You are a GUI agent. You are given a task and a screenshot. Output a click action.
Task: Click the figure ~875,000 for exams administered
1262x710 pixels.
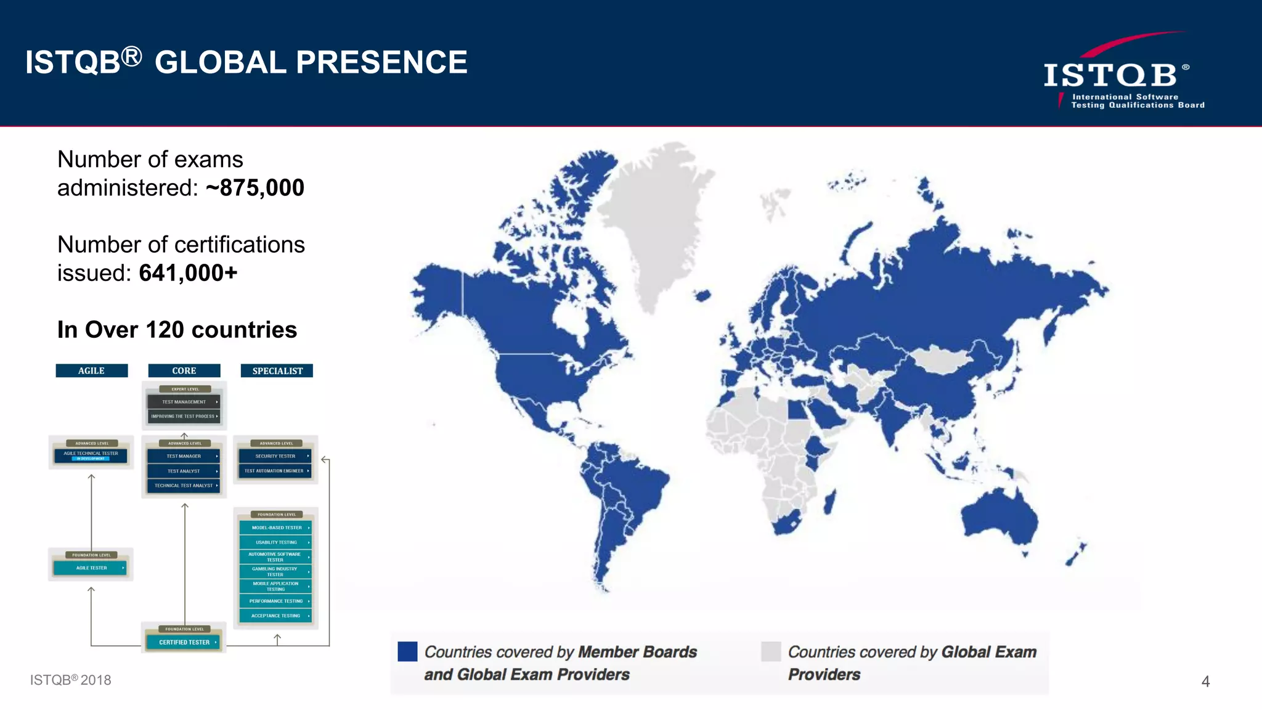(255, 188)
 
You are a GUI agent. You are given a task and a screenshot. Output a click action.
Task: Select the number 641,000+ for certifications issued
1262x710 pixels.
(188, 273)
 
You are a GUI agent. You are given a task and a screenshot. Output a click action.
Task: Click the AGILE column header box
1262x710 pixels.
(91, 370)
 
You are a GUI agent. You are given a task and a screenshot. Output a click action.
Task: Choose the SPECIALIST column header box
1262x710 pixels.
(277, 370)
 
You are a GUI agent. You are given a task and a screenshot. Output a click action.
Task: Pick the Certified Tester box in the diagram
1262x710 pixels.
(184, 642)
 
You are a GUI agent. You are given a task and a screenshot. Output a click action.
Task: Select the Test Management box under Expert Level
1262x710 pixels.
(184, 402)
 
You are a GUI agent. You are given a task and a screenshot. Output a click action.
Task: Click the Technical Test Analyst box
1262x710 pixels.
(184, 486)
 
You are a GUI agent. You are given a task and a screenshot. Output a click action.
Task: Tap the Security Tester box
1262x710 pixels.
(275, 456)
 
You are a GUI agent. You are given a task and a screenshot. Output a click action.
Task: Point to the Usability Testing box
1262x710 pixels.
(275, 542)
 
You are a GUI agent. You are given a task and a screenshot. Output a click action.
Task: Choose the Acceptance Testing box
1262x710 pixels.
(275, 616)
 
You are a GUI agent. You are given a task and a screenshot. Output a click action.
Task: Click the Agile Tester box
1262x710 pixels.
(91, 568)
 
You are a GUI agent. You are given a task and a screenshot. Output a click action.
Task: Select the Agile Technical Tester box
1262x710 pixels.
(91, 455)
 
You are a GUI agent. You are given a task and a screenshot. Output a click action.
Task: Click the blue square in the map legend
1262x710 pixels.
(407, 651)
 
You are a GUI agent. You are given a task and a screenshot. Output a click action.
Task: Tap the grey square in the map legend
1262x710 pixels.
(771, 651)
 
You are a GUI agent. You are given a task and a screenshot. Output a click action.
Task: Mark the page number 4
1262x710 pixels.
(1205, 682)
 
